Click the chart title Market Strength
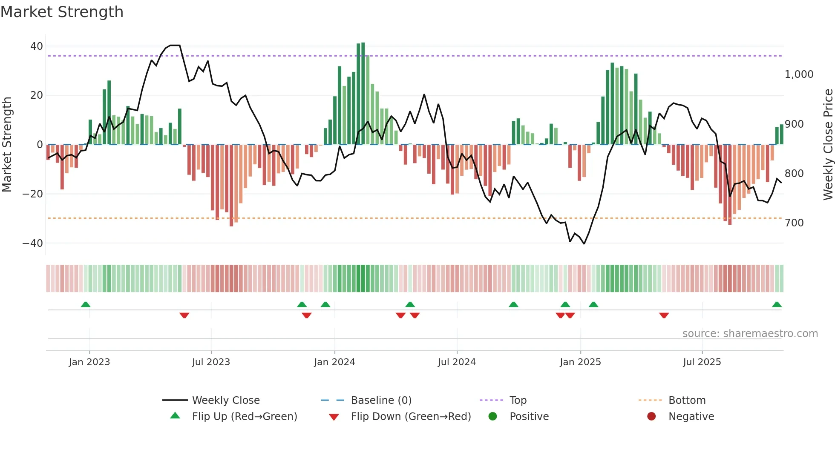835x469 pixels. coord(62,12)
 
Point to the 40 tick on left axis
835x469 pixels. coord(37,46)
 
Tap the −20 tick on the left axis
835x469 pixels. coord(33,194)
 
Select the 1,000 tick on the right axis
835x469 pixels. coord(799,74)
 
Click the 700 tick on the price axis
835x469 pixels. coord(794,223)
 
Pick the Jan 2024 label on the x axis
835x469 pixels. coord(334,362)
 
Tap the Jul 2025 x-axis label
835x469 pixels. coord(702,362)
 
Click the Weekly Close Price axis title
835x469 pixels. coord(828,145)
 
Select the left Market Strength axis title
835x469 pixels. coord(7,145)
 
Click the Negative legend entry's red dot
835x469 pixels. coord(651,417)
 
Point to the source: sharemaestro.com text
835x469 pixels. coord(750,334)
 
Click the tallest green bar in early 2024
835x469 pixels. coord(363,94)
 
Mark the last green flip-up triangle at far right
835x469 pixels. coord(777,305)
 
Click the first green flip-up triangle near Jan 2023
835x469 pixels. coord(86,305)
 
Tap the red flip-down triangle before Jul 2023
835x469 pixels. coord(184,315)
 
